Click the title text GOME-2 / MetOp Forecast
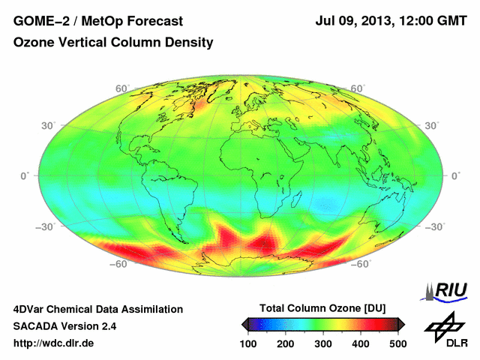(x=98, y=20)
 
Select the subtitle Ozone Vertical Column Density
(x=113, y=43)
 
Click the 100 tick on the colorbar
(x=248, y=343)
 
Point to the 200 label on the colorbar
(x=286, y=343)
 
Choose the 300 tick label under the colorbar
(x=322, y=343)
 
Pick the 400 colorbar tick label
(x=360, y=343)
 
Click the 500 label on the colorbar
(x=397, y=343)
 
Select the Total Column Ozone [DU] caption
(x=322, y=308)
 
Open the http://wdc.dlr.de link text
(x=54, y=343)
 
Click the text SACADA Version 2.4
(x=64, y=326)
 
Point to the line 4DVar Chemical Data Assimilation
(x=97, y=309)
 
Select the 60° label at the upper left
(x=121, y=88)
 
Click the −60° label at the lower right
(x=361, y=263)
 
